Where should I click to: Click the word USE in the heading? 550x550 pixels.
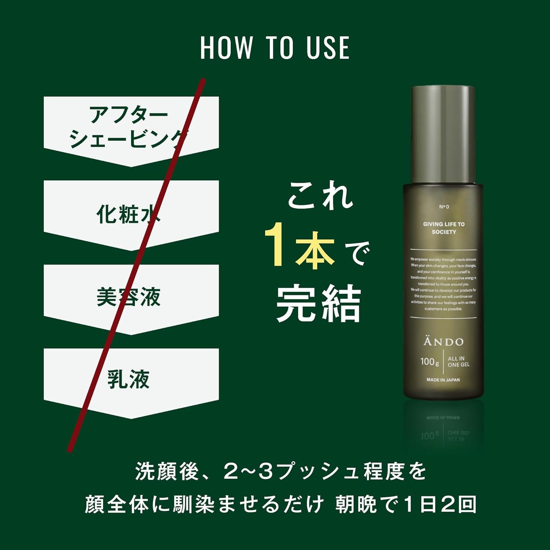coord(328,48)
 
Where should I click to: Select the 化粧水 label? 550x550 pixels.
coord(129,214)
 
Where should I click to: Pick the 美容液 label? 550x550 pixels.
coord(129,297)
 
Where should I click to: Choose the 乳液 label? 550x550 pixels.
coord(129,379)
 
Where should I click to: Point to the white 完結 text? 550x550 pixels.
coord(318,304)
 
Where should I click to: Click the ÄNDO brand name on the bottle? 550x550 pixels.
coord(443,342)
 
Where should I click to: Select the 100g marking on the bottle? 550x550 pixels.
coord(429,361)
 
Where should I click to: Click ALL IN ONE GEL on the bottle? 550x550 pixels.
coord(458,362)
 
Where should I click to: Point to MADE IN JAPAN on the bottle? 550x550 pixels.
coord(443,380)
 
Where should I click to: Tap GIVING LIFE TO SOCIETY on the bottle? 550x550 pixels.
coord(444,228)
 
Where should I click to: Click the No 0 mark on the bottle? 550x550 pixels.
coord(444,207)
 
